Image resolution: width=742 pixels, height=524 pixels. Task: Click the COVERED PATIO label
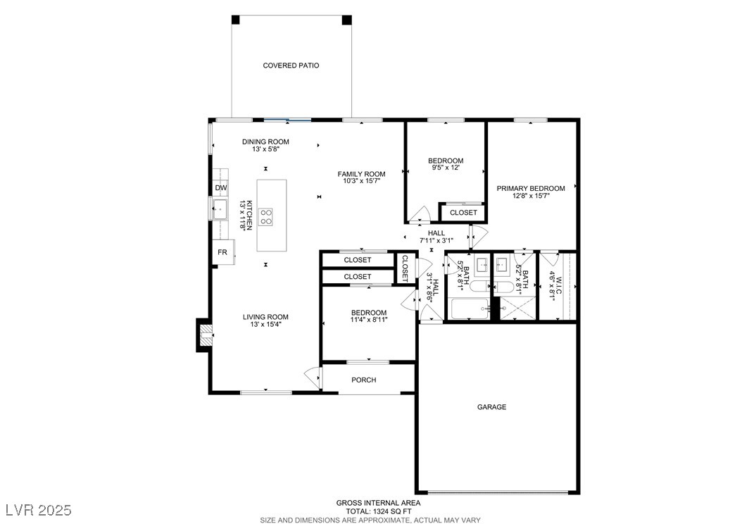pos(291,65)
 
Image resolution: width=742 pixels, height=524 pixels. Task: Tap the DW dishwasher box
pos(220,188)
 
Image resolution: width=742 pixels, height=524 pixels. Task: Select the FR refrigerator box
pos(223,252)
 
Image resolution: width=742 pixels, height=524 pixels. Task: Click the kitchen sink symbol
pos(220,209)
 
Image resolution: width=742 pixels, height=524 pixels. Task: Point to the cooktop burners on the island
pos(266,216)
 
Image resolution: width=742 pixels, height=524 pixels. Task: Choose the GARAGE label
pos(491,407)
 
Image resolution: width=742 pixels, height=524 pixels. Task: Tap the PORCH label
pos(364,380)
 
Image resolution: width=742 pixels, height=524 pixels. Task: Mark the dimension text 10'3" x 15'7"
pos(362,181)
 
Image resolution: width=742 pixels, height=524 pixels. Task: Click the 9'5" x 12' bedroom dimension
pos(446,168)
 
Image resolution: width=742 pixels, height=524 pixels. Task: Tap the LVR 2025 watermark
pos(39,510)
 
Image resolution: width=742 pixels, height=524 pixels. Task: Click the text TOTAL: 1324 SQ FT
pos(378,511)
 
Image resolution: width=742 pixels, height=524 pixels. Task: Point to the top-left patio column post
pos(236,20)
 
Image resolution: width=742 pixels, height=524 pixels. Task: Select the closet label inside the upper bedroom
pos(463,213)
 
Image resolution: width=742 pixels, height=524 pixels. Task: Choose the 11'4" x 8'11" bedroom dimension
pos(369,320)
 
